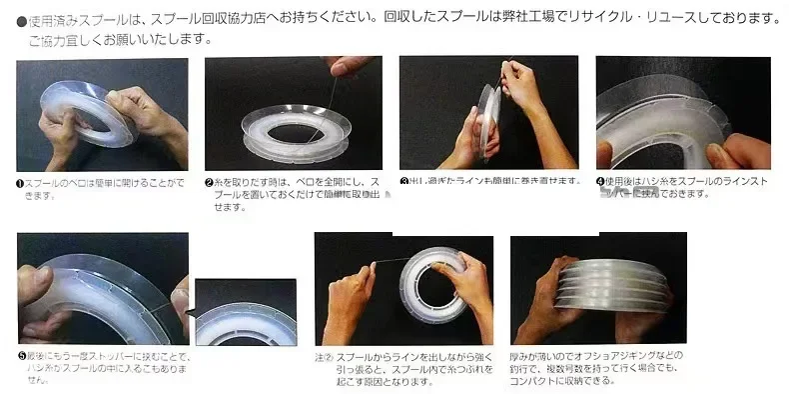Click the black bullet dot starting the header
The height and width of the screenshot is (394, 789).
(20, 20)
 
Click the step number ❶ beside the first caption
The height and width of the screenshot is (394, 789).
(22, 183)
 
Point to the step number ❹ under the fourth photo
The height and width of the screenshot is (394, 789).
(600, 182)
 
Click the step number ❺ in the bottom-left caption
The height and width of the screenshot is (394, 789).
(22, 356)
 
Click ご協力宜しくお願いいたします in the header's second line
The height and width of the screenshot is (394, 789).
(119, 40)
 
